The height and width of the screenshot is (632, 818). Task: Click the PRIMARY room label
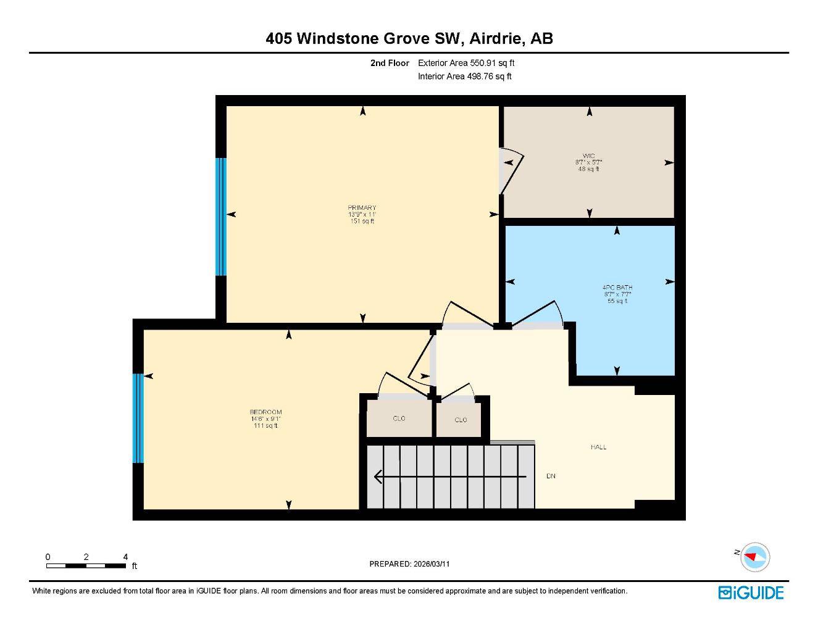362,208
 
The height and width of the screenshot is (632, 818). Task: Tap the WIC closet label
588,156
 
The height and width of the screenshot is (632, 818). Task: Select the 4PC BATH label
617,288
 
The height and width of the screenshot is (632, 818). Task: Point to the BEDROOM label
265,412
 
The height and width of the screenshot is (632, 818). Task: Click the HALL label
598,447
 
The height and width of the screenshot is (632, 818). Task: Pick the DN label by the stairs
551,476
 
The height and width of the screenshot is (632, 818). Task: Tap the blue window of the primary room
221,216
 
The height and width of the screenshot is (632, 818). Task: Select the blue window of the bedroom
138,418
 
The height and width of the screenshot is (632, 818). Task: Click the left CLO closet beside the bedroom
399,419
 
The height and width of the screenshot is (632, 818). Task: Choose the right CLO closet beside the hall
461,420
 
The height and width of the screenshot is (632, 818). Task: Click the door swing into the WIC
511,170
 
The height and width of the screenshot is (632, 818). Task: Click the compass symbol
755,557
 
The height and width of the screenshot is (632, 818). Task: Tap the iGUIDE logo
751,592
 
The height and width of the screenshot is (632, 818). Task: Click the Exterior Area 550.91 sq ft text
466,63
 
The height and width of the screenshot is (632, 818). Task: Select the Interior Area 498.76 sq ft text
465,77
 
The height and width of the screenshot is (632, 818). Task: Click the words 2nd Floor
390,63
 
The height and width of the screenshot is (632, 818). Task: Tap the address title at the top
409,38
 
